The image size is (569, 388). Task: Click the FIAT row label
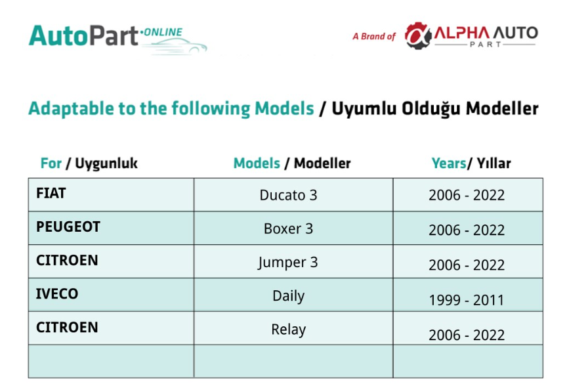click(51, 193)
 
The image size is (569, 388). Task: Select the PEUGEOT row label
click(68, 227)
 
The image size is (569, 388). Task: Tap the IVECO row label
click(57, 293)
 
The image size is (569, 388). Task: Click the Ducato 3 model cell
click(288, 195)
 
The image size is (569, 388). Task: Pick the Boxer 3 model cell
click(288, 228)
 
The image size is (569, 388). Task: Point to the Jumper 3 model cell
click(287, 263)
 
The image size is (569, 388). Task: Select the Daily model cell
click(289, 296)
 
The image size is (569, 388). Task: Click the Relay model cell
click(289, 330)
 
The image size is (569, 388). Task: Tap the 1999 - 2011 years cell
click(467, 300)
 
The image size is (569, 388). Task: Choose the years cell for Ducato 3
click(467, 195)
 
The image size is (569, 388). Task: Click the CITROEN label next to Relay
click(67, 328)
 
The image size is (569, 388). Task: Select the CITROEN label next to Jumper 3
click(67, 260)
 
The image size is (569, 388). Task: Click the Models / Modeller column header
click(292, 163)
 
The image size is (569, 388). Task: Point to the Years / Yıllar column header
click(471, 163)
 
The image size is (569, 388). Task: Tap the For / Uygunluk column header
click(89, 163)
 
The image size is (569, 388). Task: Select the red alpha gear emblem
click(418, 35)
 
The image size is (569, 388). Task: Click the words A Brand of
click(374, 36)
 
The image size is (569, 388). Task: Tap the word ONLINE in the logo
click(163, 32)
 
